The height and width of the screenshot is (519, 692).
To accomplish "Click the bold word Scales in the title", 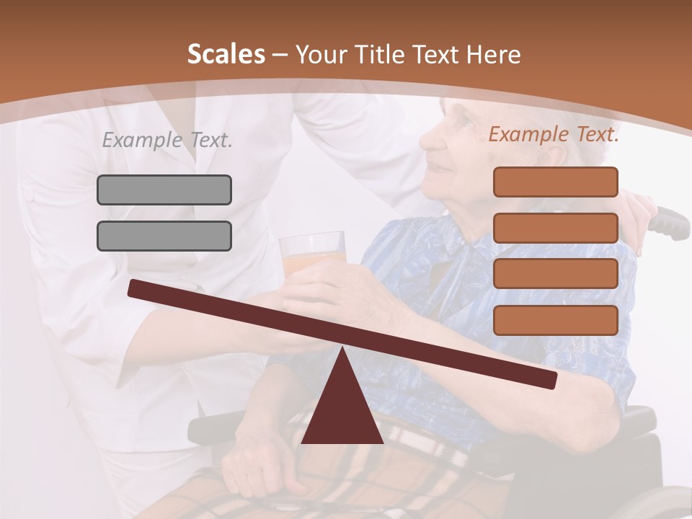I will point(226,54).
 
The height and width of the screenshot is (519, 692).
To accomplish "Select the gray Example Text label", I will point(167,140).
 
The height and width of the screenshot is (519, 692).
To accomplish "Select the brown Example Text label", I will point(554,134).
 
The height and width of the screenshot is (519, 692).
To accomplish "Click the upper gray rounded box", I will point(164,190).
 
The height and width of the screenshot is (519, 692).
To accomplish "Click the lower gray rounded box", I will point(164,236).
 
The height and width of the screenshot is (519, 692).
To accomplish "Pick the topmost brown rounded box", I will point(555,182).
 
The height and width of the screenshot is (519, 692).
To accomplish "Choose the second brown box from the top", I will point(555,228).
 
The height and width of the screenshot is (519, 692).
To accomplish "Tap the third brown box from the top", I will point(555,274).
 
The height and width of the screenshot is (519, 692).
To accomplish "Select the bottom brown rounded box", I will point(555,320).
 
